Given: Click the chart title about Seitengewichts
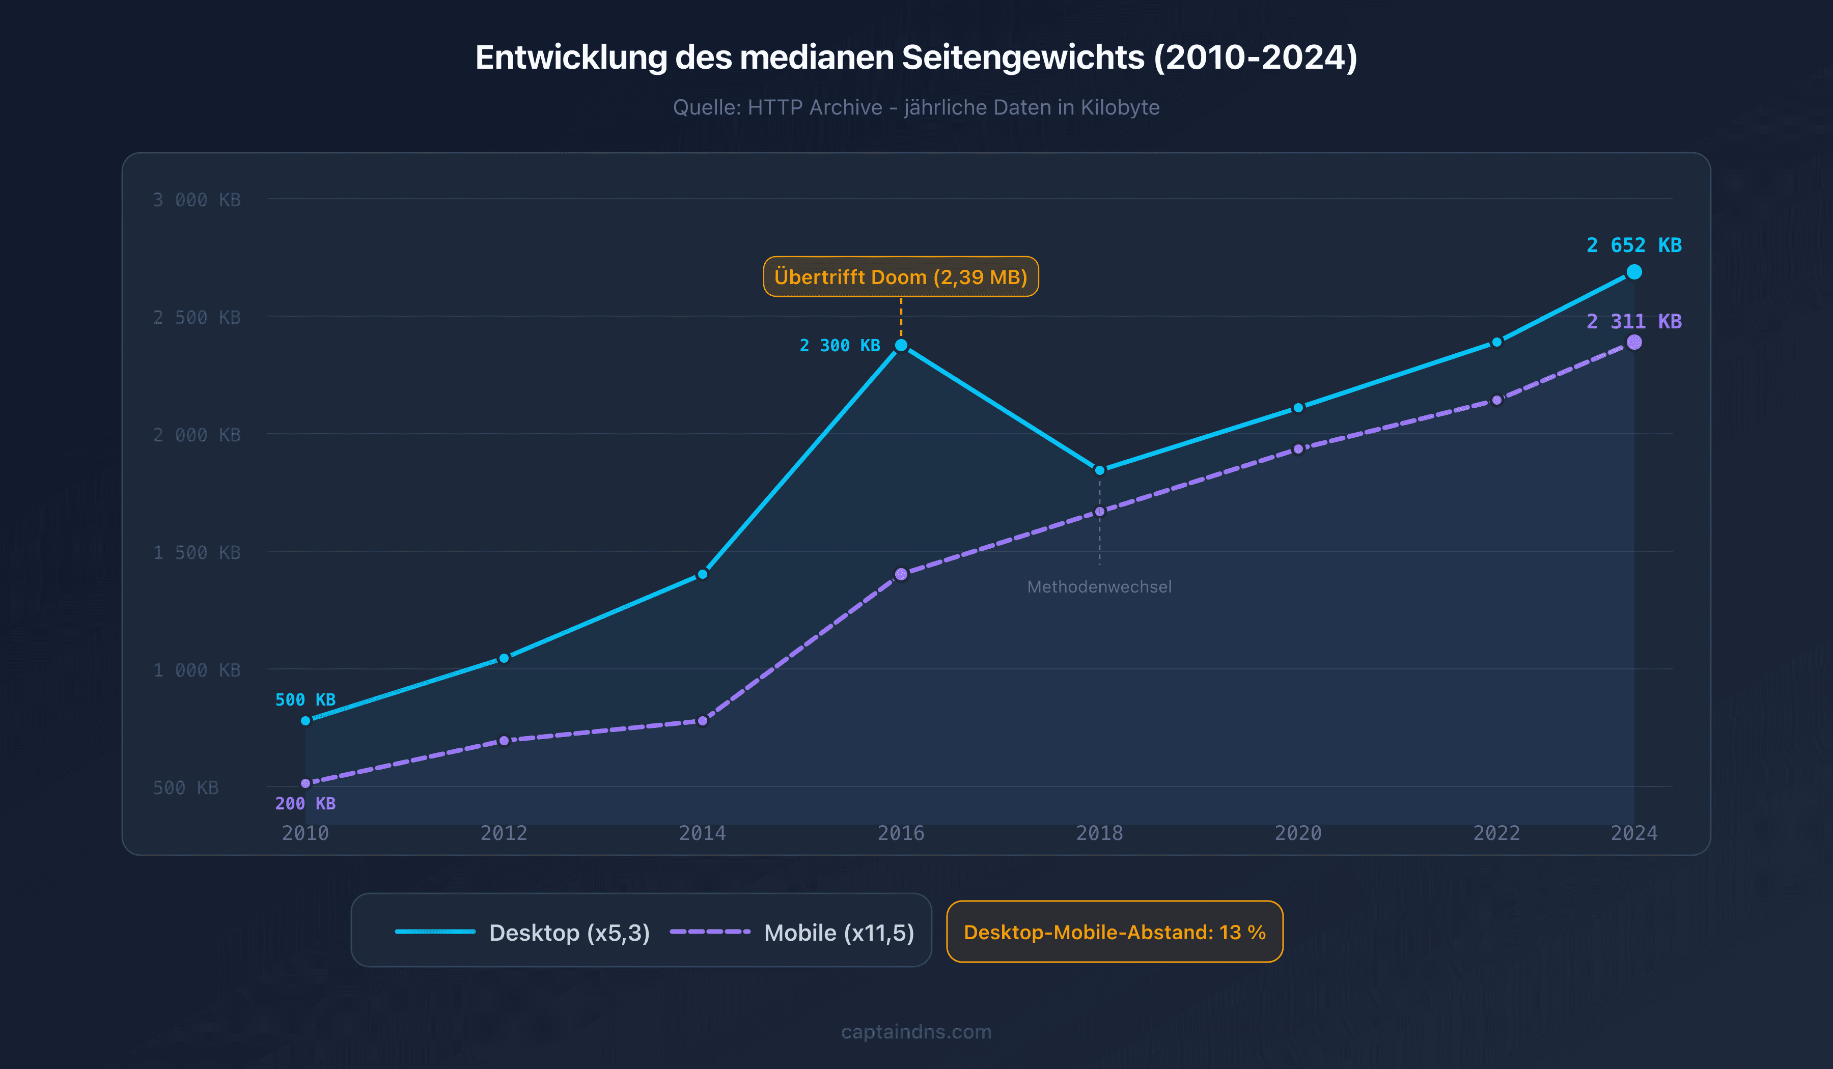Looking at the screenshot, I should [x=916, y=58].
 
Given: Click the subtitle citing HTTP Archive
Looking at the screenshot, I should [x=916, y=107].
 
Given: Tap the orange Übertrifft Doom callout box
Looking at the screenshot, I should [x=901, y=277].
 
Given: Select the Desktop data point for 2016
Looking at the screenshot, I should [x=901, y=346].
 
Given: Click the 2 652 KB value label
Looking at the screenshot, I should [x=1634, y=245].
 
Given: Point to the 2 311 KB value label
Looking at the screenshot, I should [x=1634, y=321].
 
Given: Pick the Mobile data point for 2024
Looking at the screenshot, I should [x=1634, y=343].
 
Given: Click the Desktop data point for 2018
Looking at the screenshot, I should [x=1099, y=470].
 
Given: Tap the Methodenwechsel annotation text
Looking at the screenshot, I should [x=1099, y=587].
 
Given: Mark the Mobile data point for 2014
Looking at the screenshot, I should [x=702, y=721].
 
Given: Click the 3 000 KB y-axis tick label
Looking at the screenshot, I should [x=197, y=200].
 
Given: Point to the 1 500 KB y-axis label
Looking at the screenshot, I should [x=197, y=553].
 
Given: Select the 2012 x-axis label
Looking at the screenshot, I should [x=504, y=833].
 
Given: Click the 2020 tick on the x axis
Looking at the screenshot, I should [x=1298, y=833].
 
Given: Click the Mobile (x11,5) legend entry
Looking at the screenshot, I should [x=791, y=932].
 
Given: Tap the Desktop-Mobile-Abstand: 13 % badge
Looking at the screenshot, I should [x=1115, y=932].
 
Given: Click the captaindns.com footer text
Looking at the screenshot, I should [x=916, y=1032].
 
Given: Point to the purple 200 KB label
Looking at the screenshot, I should [x=305, y=804].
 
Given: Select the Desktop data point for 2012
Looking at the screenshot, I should [x=504, y=659].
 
